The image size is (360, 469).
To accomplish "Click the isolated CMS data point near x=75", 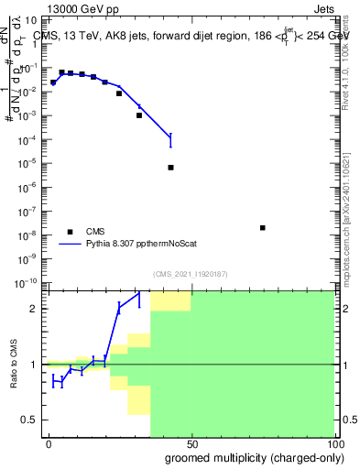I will [x=263, y=228].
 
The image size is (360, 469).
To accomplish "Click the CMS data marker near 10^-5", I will [x=171, y=168].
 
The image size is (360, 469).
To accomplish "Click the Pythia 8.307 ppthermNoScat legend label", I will [x=136, y=245].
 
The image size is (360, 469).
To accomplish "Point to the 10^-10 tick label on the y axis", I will [x=29, y=282].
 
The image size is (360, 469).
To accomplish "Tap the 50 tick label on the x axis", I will [x=191, y=442].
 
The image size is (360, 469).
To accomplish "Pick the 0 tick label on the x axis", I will [x=49, y=442].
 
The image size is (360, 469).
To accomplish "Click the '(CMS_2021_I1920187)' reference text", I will [x=191, y=273].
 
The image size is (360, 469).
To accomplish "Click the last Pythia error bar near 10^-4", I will [x=171, y=140].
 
